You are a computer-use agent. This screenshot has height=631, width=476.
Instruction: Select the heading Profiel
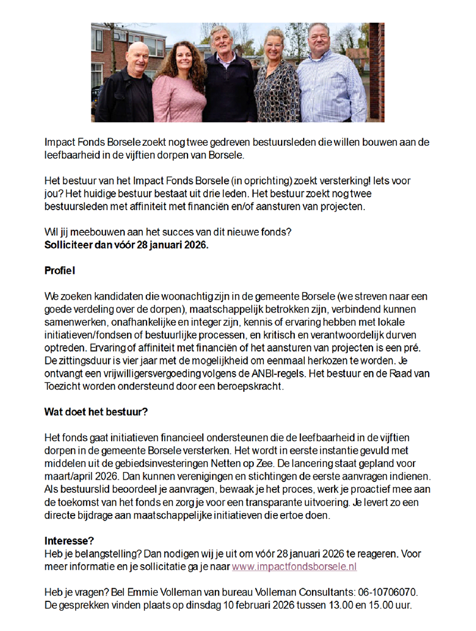[x=59, y=271]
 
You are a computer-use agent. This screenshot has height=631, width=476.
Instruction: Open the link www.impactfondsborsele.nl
[x=294, y=566]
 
